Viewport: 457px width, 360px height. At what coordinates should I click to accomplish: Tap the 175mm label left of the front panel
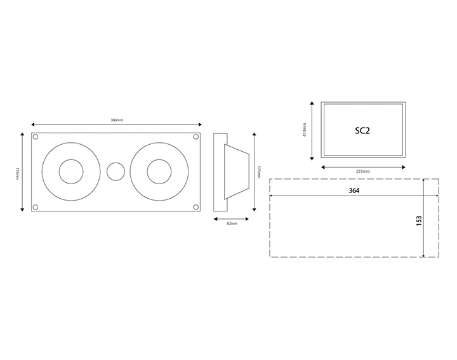click(17, 172)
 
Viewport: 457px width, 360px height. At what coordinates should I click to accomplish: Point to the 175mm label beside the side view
click(258, 172)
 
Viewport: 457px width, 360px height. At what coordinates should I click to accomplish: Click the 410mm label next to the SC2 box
click(305, 131)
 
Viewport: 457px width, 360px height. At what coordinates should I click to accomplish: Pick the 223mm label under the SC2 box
click(362, 172)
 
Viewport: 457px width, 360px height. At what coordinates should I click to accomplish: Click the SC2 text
click(362, 131)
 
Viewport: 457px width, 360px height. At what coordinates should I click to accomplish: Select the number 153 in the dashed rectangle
click(418, 220)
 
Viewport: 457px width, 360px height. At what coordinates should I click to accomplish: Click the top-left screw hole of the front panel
click(36, 137)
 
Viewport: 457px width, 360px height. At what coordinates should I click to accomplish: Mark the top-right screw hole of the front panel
click(195, 137)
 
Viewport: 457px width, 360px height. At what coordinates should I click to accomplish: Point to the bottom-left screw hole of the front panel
click(36, 206)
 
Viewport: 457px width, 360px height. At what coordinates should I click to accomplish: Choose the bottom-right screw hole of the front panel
click(195, 206)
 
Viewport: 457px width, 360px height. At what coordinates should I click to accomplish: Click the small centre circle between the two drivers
click(116, 172)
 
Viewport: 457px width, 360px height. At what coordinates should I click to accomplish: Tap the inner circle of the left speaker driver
click(71, 172)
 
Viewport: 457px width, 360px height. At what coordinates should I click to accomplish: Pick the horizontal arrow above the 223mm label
click(362, 166)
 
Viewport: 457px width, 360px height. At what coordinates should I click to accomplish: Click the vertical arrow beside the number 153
click(423, 218)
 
